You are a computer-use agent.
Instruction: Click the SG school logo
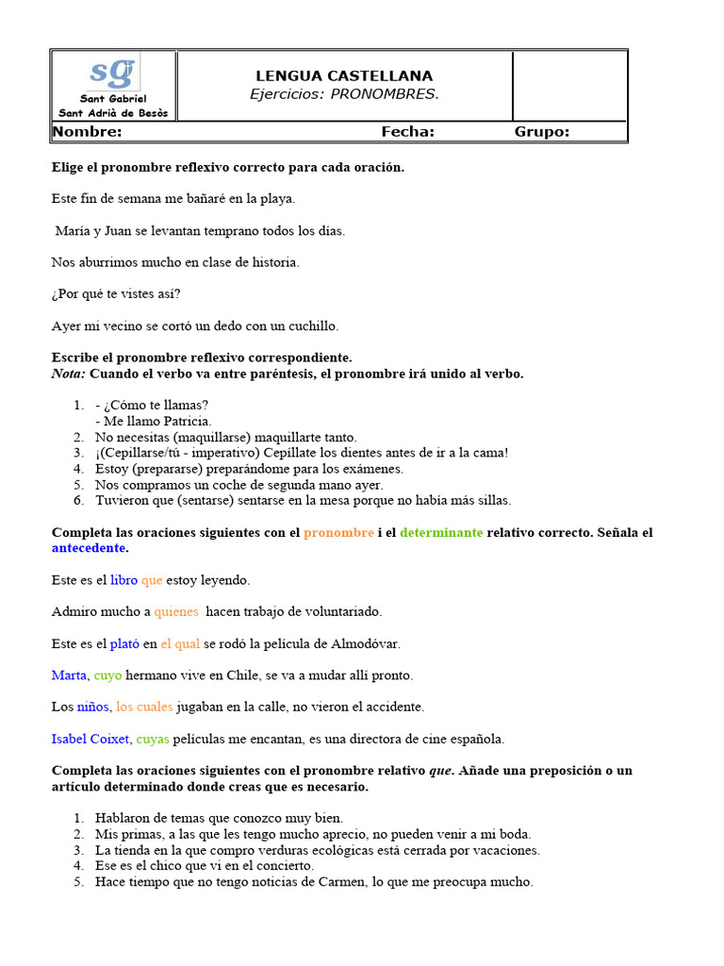(112, 73)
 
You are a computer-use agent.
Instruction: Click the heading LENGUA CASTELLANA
(344, 75)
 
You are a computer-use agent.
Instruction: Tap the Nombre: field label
(88, 132)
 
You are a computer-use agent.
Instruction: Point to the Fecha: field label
(407, 132)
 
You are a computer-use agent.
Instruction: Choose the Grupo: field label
(541, 132)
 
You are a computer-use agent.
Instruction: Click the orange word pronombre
(338, 533)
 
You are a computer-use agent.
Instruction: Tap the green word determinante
(441, 533)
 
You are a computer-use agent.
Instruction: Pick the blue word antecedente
(89, 548)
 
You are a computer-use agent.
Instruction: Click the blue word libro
(123, 580)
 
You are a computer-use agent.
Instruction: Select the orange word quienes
(176, 612)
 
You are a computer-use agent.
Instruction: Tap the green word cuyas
(152, 739)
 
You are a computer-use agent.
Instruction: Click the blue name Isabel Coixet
(90, 739)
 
